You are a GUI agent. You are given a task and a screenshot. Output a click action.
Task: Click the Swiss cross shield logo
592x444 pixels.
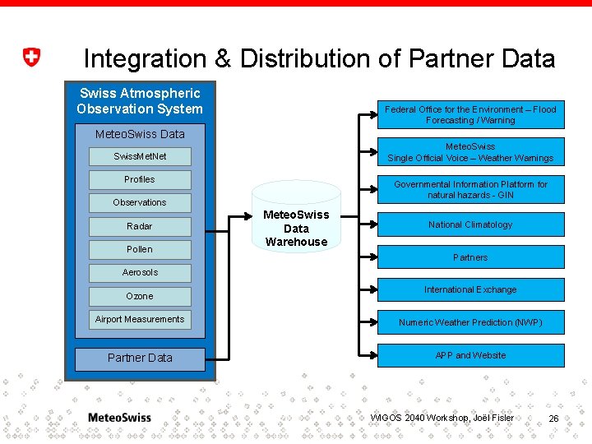tap(30, 58)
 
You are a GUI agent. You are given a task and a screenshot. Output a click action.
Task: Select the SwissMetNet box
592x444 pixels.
tap(140, 156)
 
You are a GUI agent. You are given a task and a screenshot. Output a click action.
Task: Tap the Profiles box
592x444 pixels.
tap(140, 179)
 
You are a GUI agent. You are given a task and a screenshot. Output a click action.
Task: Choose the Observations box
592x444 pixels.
tap(140, 202)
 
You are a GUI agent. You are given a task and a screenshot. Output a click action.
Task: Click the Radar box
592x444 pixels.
tap(140, 226)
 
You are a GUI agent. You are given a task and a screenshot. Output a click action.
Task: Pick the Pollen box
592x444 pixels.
tap(140, 249)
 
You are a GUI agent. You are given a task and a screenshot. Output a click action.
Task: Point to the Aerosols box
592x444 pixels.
tap(140, 272)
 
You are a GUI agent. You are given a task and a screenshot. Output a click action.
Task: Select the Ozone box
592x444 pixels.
tap(140, 296)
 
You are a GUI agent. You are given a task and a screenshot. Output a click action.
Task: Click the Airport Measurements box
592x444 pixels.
tap(140, 319)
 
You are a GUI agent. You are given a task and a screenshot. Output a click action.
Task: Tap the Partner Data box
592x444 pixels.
tap(140, 358)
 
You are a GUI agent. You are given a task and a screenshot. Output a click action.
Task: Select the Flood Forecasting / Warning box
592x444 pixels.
tap(470, 114)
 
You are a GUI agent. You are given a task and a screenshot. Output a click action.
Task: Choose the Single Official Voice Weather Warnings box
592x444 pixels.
tap(470, 152)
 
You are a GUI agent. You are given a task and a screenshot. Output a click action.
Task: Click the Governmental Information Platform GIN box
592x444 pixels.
tap(470, 190)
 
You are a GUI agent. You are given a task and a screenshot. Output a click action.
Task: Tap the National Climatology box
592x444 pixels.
tap(470, 224)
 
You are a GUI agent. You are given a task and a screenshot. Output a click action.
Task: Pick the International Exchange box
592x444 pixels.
tap(470, 289)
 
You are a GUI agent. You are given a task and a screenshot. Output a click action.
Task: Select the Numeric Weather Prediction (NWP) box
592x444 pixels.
tap(470, 322)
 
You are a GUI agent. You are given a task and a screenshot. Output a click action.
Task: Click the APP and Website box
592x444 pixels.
tap(470, 355)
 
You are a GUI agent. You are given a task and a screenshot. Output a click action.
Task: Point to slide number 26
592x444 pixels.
tap(553, 419)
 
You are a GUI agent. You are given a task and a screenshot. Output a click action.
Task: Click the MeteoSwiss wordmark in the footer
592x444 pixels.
tap(119, 418)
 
